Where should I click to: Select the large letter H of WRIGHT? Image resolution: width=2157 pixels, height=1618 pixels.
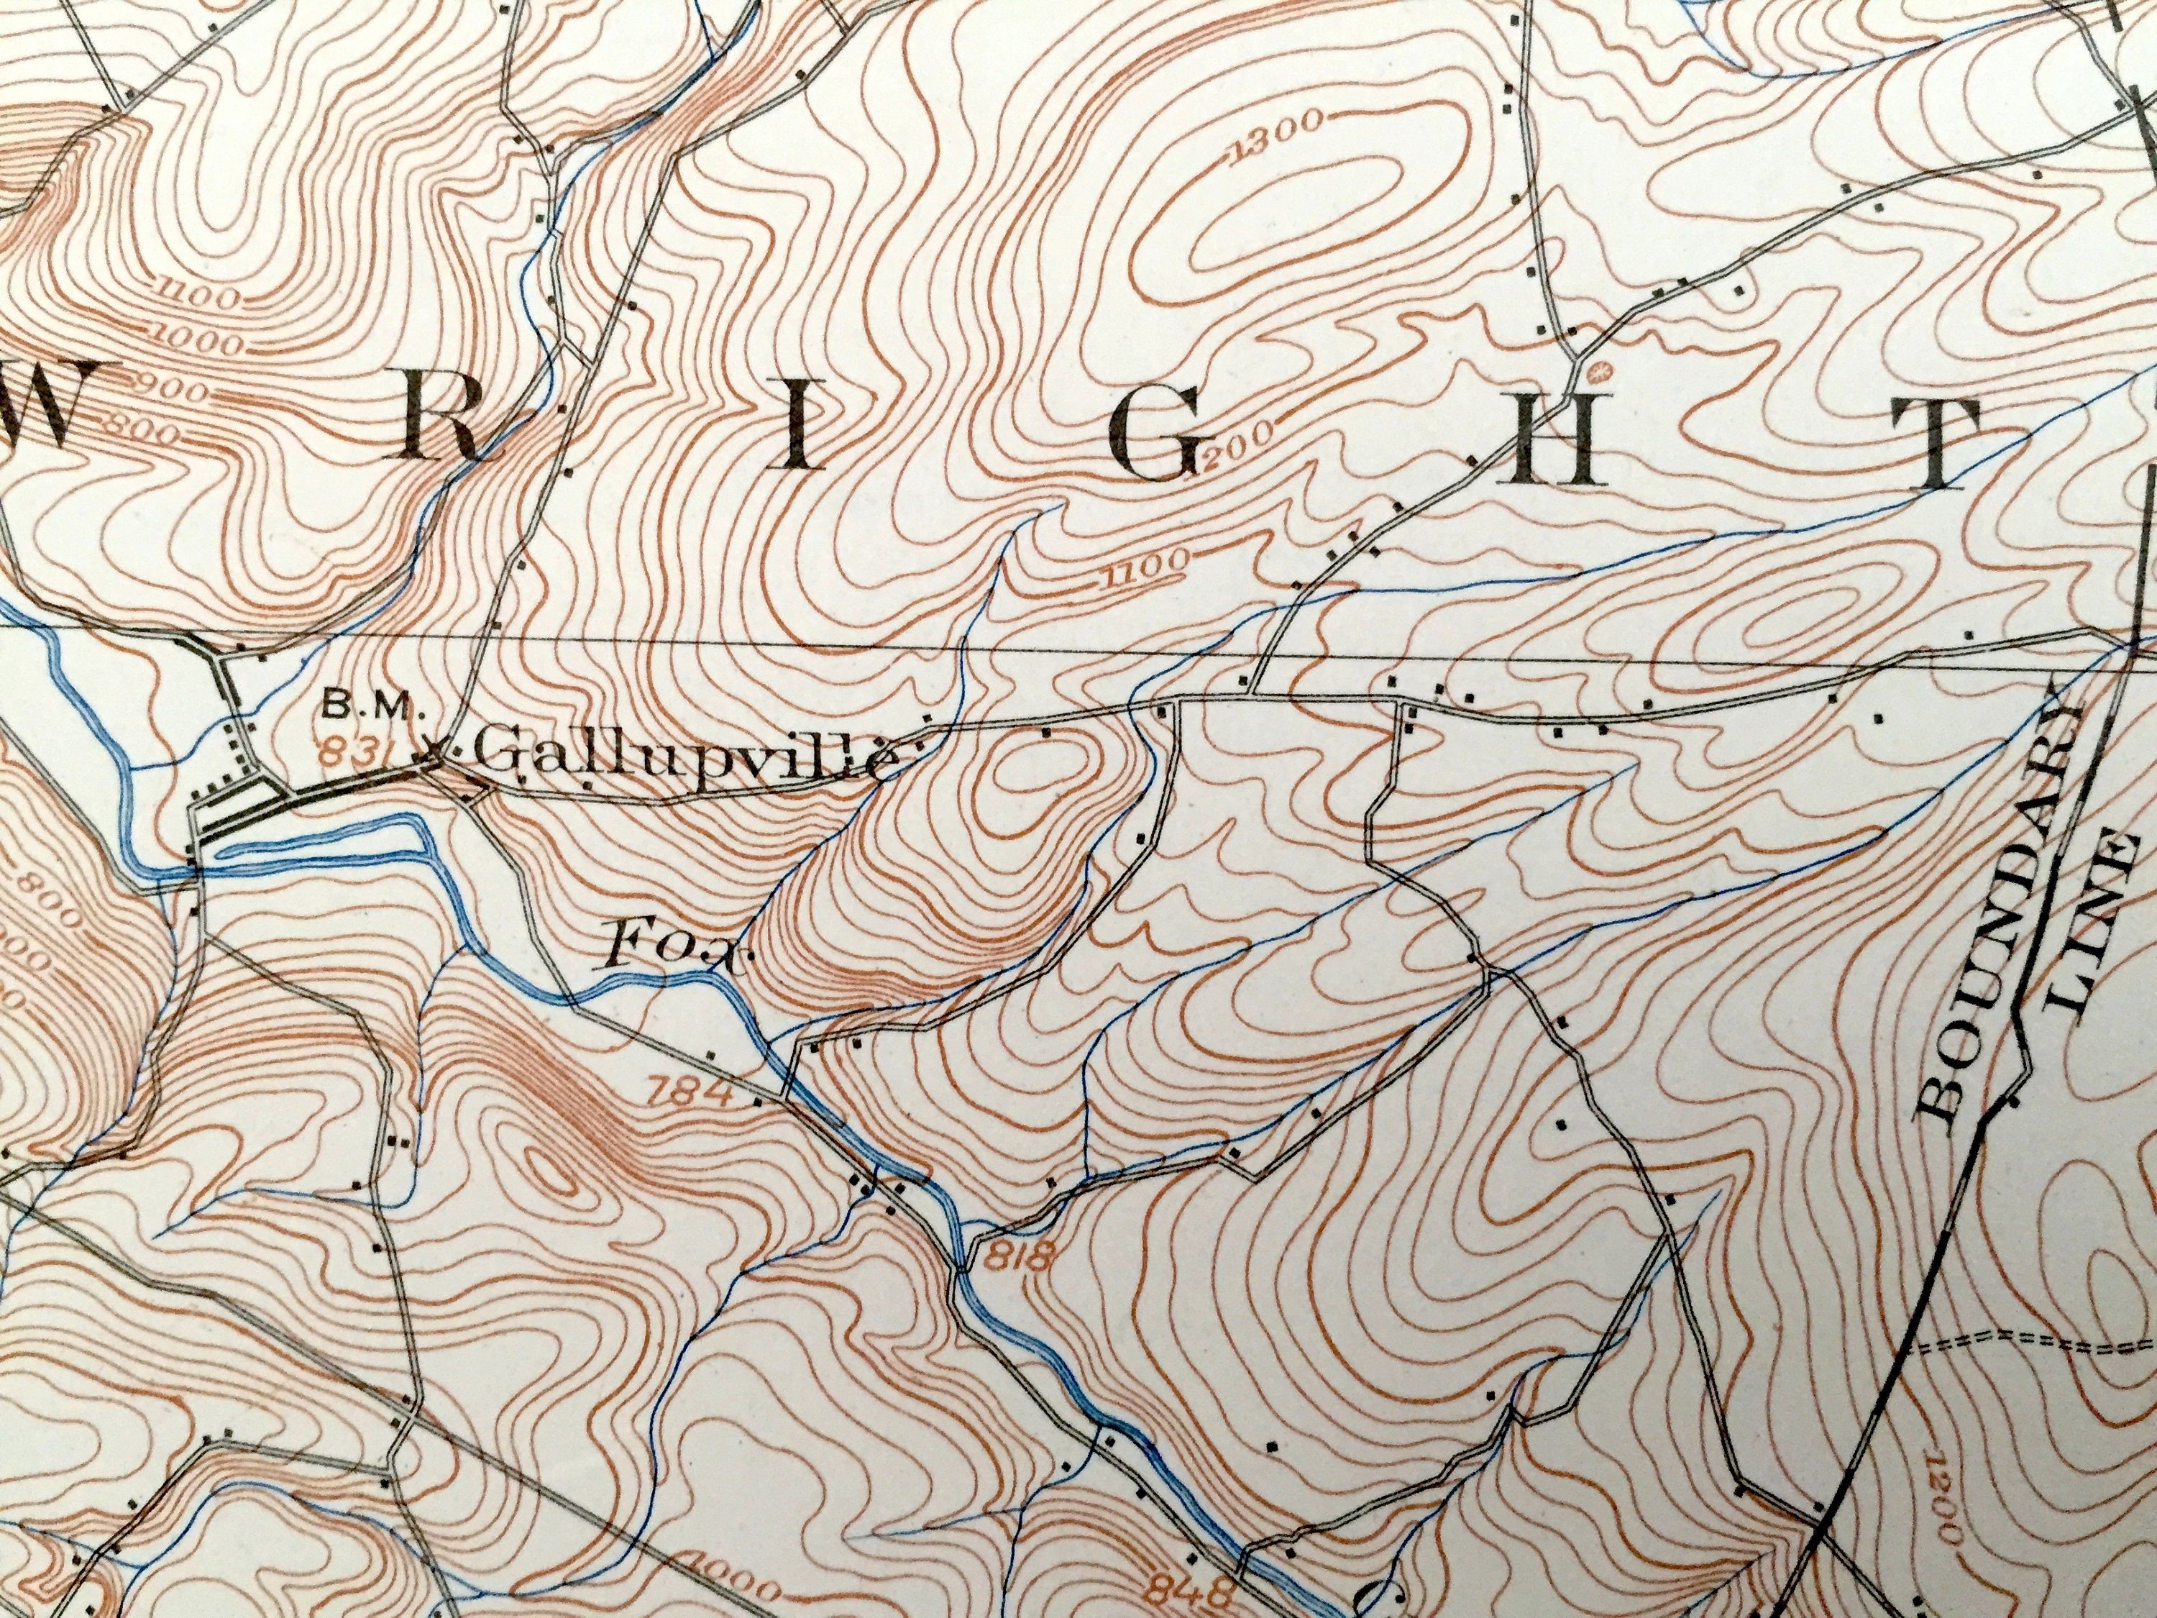(x=1549, y=449)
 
